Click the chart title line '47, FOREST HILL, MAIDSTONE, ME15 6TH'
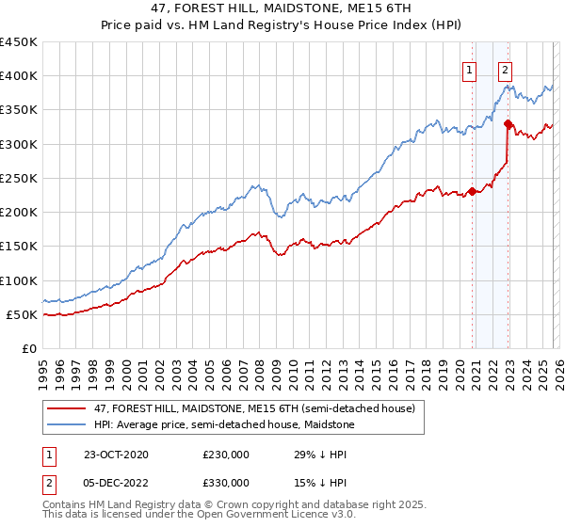[x=282, y=8]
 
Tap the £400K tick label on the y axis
[x=19, y=76]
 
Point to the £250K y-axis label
[x=19, y=178]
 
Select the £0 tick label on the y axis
[x=28, y=348]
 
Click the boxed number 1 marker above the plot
[x=469, y=69]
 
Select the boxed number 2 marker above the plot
[x=506, y=69]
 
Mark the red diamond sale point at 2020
[x=472, y=192]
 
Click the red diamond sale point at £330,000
[x=508, y=124]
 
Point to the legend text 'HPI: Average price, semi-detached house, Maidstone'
[x=224, y=424]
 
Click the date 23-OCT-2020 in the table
[x=116, y=455]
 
